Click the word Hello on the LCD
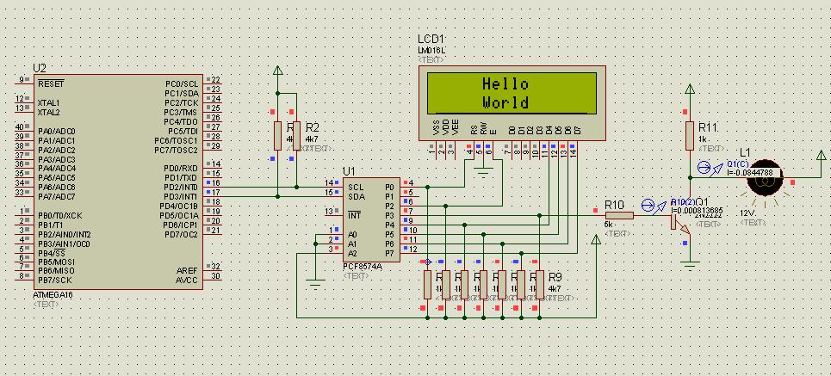pos(505,84)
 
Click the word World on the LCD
pos(505,102)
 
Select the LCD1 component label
pos(431,40)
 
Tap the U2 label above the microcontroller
pos(39,68)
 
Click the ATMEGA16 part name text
pos(54,295)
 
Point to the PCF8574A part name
pos(363,267)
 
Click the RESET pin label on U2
pos(51,84)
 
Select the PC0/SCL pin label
pos(182,84)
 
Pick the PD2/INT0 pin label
pos(180,187)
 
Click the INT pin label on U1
pos(353,215)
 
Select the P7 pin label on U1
pos(389,253)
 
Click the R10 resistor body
pos(618,215)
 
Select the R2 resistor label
pos(313,127)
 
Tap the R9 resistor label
pos(555,277)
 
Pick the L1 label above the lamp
pos(745,153)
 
